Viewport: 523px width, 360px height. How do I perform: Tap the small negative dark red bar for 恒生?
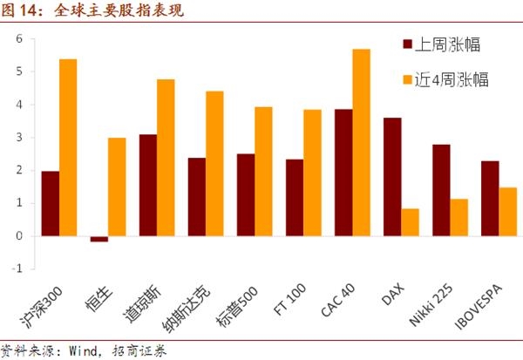click(x=98, y=239)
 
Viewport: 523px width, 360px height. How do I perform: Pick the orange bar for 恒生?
click(x=117, y=187)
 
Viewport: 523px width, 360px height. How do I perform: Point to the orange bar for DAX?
click(x=411, y=222)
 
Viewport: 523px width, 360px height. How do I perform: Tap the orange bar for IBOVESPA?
click(x=508, y=212)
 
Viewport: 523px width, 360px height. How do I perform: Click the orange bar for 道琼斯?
click(x=166, y=157)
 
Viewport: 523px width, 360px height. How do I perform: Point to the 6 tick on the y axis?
click(x=18, y=39)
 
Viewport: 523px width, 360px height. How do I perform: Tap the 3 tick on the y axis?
click(x=18, y=138)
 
